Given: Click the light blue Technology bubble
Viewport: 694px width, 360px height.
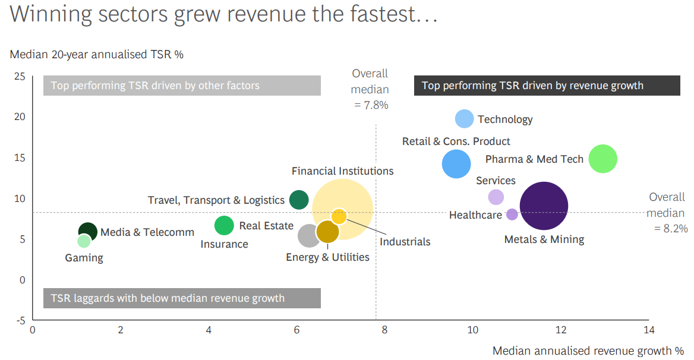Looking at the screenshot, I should coord(464,119).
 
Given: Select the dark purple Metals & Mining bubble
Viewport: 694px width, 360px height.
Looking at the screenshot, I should coord(544,206).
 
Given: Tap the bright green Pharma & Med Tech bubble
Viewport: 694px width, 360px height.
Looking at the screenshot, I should coord(603,159).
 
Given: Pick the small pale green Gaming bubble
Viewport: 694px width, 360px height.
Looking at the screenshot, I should coord(84,241).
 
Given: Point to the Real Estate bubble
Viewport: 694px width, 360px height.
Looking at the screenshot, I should coord(224,225).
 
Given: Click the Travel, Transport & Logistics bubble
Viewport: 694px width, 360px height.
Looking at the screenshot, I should coord(299,200).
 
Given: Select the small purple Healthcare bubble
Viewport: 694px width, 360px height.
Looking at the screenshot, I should coord(512,214).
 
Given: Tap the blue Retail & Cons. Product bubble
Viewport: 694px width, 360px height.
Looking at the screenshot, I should coord(456,164).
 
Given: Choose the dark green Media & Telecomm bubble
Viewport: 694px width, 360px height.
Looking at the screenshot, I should coord(88,232).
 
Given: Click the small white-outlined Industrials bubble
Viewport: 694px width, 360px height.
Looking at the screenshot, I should coord(339,216).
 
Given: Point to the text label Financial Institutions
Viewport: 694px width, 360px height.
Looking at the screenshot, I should coord(342,171).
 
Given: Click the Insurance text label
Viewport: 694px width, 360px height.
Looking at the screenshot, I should coord(224,244).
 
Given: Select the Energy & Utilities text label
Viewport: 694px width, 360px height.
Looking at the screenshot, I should coord(327,257).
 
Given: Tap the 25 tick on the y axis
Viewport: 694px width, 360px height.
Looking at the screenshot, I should coord(20,76).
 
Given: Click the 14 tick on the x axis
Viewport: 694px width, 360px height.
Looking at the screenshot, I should coord(649,330).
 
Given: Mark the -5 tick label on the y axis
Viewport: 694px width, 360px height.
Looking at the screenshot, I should coord(19,320).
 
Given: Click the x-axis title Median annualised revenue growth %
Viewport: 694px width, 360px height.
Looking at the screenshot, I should coord(588,351).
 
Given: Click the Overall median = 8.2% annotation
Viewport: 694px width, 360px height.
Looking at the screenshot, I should coord(667,213).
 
